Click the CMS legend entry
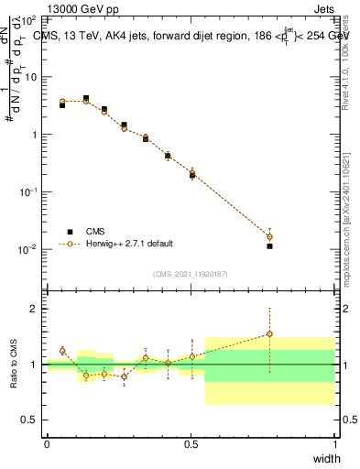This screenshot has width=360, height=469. pos(94,231)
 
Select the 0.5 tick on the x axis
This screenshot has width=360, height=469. pos(191,444)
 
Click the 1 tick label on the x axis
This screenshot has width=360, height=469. pos(335,444)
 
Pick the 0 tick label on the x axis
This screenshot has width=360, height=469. pos(47,444)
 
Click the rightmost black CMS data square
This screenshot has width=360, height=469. pos(269,246)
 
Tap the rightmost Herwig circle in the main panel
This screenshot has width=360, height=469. pos(269,236)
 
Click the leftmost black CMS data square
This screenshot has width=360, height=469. pos(62,105)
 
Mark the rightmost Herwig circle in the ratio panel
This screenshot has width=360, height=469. pos(269,334)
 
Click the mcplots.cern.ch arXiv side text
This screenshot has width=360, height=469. pos(349,211)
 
